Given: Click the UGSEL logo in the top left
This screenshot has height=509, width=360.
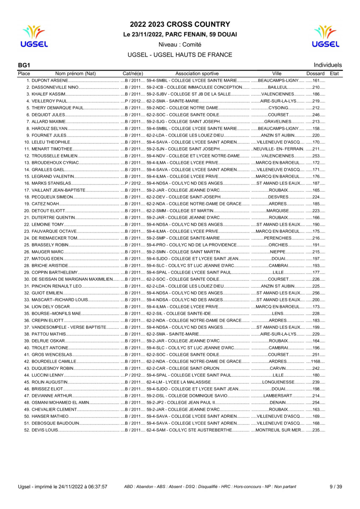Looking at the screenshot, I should [x=34, y=36].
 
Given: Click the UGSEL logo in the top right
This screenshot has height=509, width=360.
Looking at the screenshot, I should [x=325, y=36].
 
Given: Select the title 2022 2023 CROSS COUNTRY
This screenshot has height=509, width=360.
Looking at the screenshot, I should [x=180, y=25].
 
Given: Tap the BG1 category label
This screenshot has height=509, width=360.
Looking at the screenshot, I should [x=24, y=65].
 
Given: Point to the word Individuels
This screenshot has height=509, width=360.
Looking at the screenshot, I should [x=327, y=65].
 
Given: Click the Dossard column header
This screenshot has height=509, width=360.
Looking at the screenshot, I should [x=315, y=73].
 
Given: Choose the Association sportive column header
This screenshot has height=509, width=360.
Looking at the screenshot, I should [x=197, y=73].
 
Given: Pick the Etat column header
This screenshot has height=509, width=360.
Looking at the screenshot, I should [x=334, y=73].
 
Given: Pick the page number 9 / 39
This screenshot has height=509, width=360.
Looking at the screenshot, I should [x=335, y=487].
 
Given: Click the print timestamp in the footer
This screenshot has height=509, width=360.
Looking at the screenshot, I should [x=62, y=487].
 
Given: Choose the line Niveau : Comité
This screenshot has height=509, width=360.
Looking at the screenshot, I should [x=180, y=45].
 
